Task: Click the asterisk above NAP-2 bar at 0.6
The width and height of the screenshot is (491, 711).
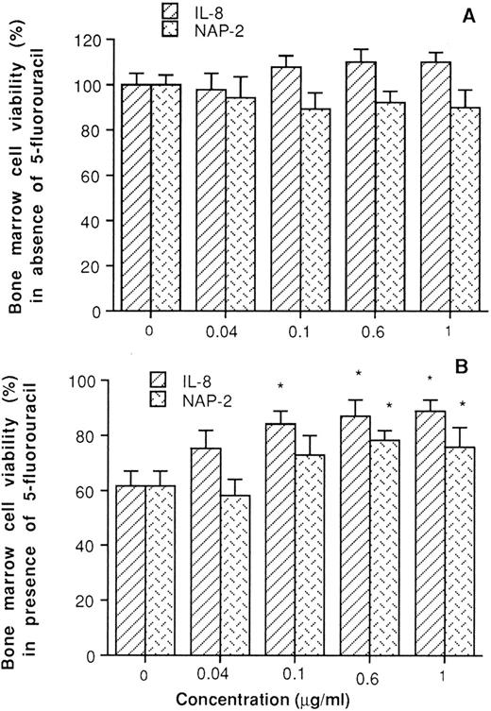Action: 390,406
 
